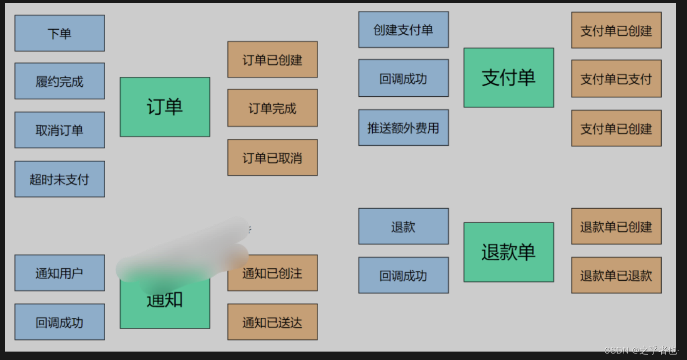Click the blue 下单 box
[x=59, y=33]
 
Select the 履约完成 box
[x=59, y=81]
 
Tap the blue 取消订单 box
[x=59, y=130]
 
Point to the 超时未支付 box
[x=59, y=179]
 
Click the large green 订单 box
[x=165, y=107]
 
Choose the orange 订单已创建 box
[x=272, y=60]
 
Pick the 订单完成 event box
[x=272, y=108]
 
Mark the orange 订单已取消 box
[x=272, y=158]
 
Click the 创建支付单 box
[x=403, y=30]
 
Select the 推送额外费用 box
[x=403, y=127]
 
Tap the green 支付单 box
[x=509, y=77]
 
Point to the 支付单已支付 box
[x=616, y=78]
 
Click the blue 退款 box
[x=403, y=226]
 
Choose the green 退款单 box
[x=509, y=252]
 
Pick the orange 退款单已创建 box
[x=616, y=226]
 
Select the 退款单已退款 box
[x=616, y=275]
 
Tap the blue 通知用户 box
[x=59, y=273]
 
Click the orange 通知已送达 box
[x=272, y=322]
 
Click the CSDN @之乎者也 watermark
[x=640, y=351]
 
